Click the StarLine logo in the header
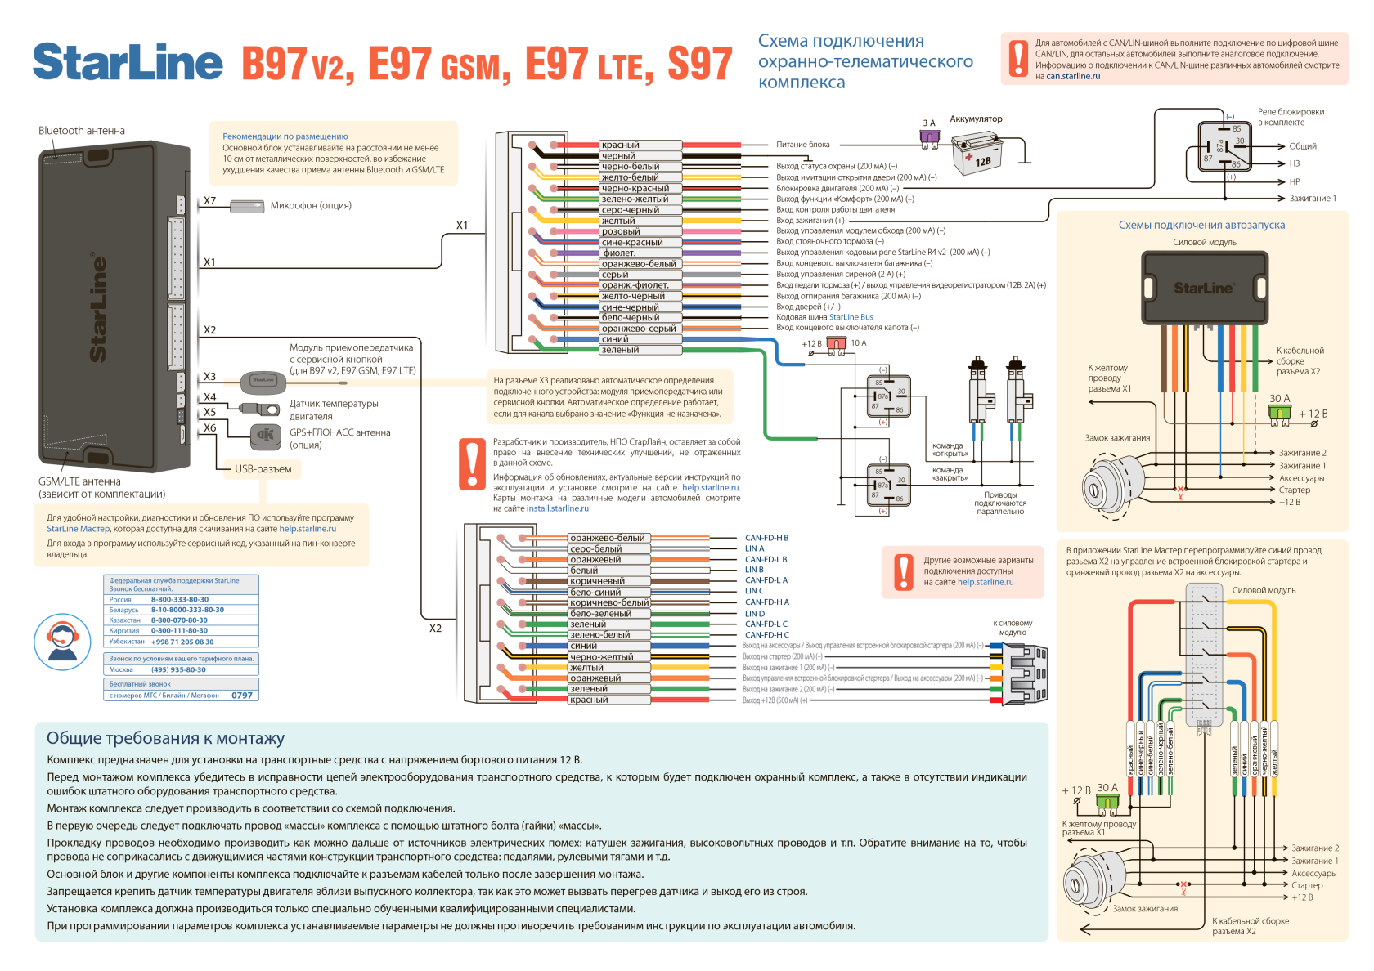(x=128, y=62)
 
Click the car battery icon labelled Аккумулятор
(x=977, y=154)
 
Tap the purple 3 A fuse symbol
(x=930, y=140)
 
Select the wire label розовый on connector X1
(x=621, y=231)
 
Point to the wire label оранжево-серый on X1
(x=639, y=329)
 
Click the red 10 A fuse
(x=836, y=344)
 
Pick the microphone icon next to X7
(x=246, y=206)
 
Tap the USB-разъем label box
(x=263, y=469)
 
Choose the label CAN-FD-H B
(x=766, y=538)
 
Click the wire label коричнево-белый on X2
(x=609, y=602)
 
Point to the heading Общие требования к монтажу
(x=165, y=738)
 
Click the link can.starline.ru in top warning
(x=1073, y=76)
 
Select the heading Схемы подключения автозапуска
(x=1201, y=225)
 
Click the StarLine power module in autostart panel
(x=1205, y=287)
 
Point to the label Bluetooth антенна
(x=81, y=131)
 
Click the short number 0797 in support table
(x=241, y=696)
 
